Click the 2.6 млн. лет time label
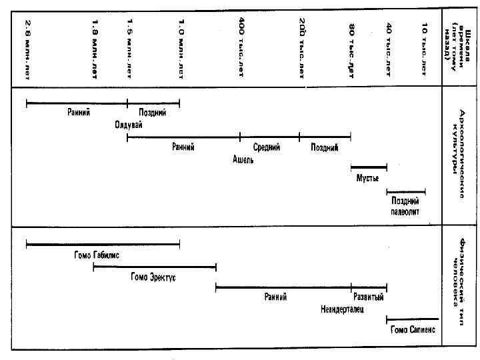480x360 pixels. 28,47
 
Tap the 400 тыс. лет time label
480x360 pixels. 241,47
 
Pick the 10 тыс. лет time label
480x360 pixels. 425,47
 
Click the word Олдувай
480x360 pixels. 129,125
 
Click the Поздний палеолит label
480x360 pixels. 405,207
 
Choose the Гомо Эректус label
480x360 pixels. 153,277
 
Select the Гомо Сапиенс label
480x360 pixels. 413,330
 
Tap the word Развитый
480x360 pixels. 368,297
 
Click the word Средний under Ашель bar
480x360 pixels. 267,147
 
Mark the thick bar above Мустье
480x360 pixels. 369,167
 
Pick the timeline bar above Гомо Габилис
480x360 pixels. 103,245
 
